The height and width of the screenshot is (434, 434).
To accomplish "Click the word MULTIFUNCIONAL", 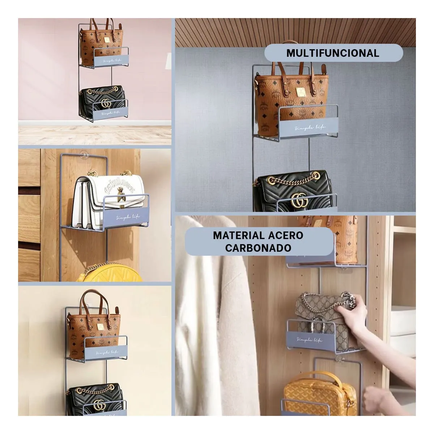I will pos(333,53).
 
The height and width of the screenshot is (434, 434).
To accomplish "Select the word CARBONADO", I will pos(258,248).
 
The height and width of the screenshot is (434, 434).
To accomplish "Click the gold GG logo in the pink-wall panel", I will pos(106,103).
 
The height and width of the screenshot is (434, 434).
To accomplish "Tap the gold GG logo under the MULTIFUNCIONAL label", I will pos(299,200).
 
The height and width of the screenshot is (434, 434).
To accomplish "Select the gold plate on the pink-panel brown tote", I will pos(107,41).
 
